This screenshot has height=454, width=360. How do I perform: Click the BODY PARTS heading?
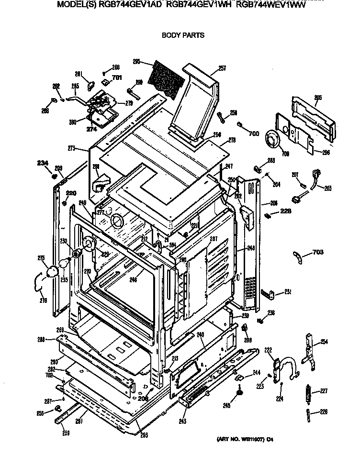pyautogui.click(x=183, y=35)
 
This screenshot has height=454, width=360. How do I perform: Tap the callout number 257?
pyautogui.click(x=222, y=68)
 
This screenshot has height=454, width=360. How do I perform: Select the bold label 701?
pyautogui.click(x=117, y=78)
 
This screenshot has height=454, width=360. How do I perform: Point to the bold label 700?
pyautogui.click(x=254, y=133)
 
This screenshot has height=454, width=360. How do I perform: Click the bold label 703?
pyautogui.click(x=318, y=252)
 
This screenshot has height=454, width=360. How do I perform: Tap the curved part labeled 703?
pyautogui.click(x=298, y=257)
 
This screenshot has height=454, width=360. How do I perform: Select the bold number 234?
pyautogui.click(x=43, y=164)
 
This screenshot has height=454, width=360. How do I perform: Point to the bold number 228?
pyautogui.click(x=285, y=211)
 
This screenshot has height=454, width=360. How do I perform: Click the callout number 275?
pyautogui.click(x=41, y=258)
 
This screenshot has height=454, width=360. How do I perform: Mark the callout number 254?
pyautogui.click(x=324, y=342)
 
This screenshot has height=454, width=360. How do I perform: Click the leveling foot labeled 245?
pyautogui.click(x=238, y=393)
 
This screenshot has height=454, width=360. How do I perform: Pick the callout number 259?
pyautogui.click(x=66, y=433)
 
